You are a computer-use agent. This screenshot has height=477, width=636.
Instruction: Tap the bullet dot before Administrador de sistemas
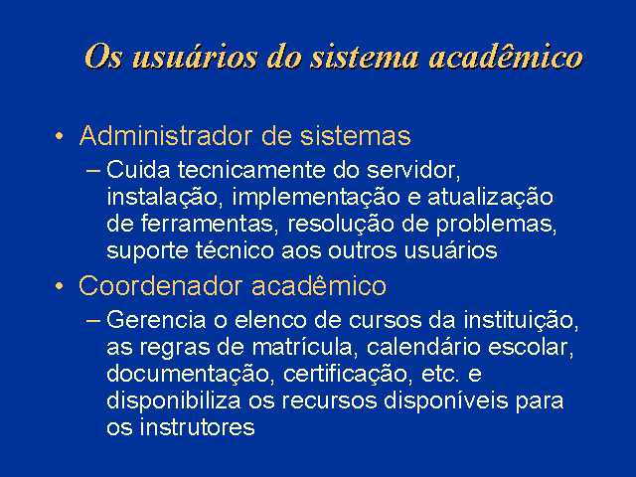click(60, 136)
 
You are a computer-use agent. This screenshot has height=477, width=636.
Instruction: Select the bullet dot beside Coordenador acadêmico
click(60, 286)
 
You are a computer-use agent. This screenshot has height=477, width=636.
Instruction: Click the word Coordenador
click(161, 286)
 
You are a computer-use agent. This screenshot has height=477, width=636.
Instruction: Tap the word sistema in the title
click(365, 57)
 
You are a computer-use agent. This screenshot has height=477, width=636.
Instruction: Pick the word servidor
click(413, 170)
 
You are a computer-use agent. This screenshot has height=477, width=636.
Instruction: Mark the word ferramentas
click(210, 224)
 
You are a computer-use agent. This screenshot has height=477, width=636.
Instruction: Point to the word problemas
click(496, 224)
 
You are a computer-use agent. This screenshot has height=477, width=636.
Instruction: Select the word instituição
click(521, 320)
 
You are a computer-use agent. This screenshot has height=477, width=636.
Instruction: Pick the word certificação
click(345, 374)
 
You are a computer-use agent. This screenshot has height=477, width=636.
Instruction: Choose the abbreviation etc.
click(441, 374)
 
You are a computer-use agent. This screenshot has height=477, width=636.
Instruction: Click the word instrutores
click(197, 426)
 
